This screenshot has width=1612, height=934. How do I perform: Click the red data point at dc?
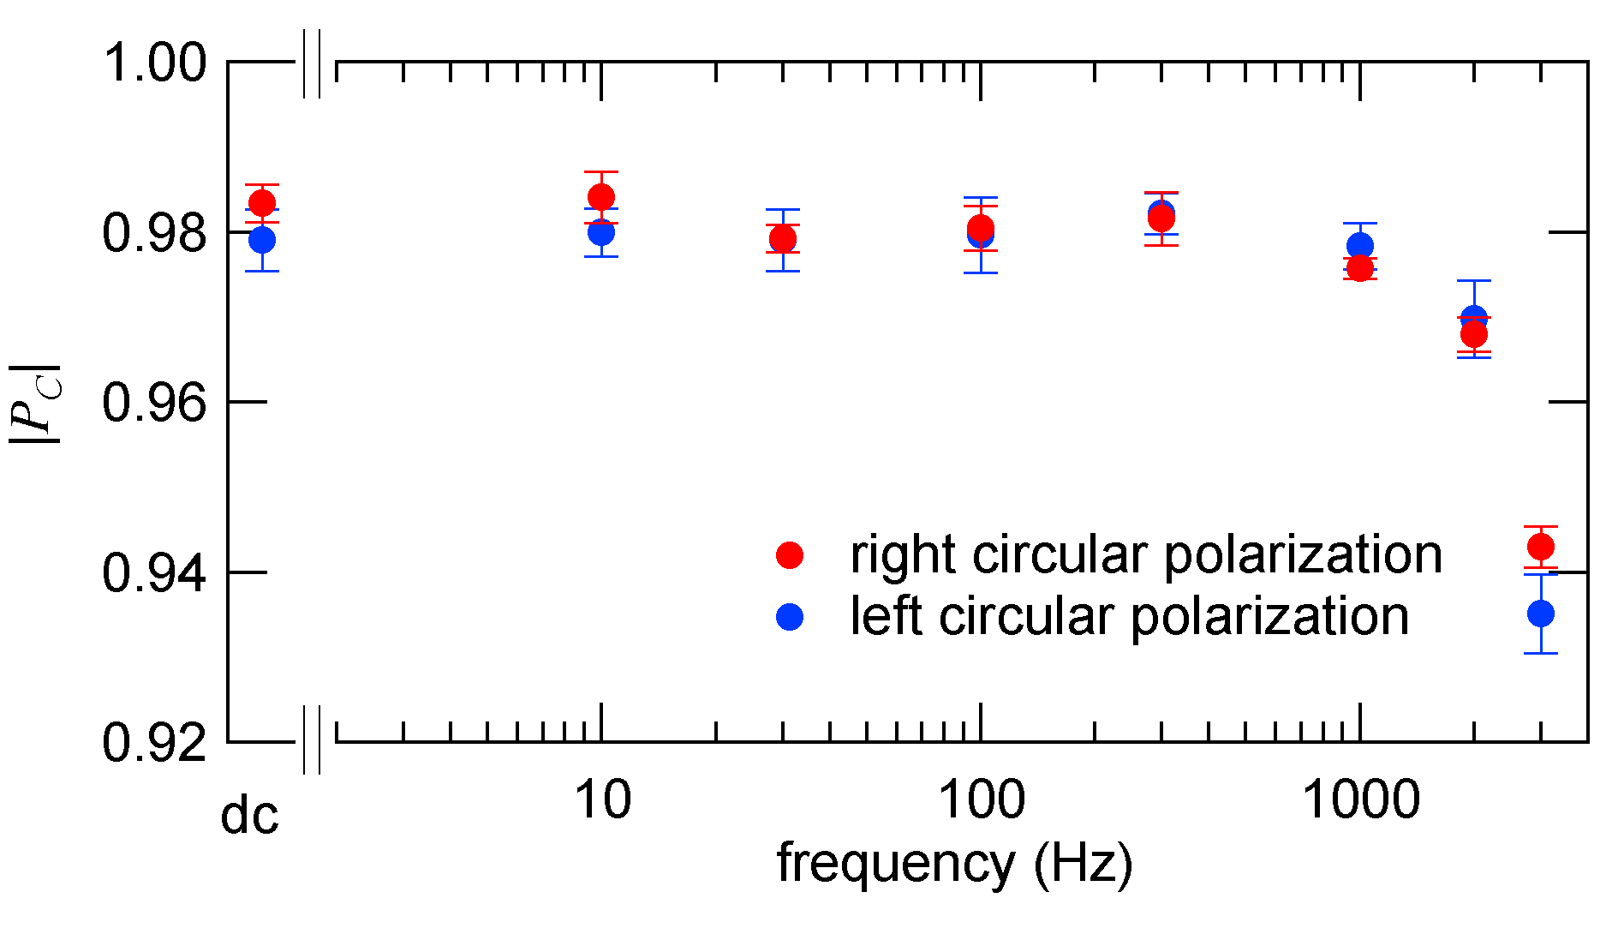262,203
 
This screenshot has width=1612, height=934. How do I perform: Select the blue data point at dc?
262,239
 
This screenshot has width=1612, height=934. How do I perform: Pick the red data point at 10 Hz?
601,197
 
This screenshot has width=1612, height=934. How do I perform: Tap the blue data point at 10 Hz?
601,231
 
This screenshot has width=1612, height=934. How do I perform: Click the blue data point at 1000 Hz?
1360,246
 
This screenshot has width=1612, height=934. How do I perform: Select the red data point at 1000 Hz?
1360,268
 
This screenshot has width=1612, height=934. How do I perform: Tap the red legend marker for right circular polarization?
790,554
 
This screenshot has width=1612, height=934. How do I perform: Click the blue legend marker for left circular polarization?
790,616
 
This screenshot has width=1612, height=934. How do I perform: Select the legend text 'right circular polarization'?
1145,554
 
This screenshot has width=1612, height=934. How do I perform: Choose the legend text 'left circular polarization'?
1129,616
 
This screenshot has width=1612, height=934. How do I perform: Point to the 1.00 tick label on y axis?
154,63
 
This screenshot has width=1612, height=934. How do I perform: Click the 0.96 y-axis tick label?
154,402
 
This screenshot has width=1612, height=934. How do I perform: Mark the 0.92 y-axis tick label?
154,742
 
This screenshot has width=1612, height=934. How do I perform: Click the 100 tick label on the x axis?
981,800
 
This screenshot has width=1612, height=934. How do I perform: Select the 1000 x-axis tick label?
1360,800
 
